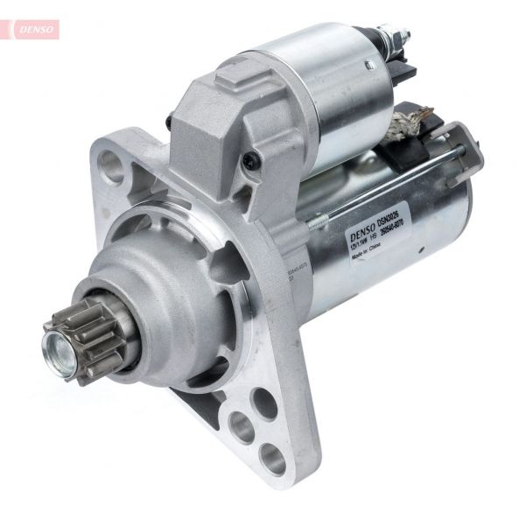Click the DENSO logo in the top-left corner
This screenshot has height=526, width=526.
coord(33,29)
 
